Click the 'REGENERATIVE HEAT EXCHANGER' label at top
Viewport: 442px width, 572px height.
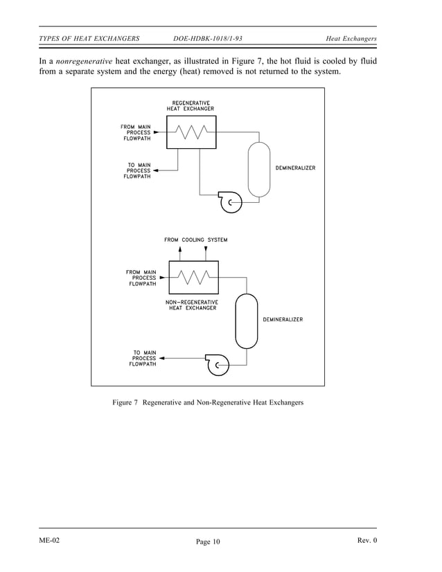click(x=191, y=106)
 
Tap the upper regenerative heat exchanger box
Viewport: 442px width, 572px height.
click(x=191, y=132)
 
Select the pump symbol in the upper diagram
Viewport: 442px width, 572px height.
click(x=229, y=202)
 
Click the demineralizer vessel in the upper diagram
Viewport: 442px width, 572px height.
click(x=259, y=169)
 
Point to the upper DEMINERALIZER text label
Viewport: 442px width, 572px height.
click(x=295, y=168)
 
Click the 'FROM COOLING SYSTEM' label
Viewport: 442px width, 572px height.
click(x=195, y=240)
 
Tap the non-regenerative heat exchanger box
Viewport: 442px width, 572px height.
click(x=193, y=278)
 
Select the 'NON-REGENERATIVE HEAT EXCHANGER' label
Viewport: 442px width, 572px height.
click(x=193, y=305)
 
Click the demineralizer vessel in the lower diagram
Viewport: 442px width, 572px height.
click(x=246, y=321)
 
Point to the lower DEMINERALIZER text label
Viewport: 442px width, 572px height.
click(x=282, y=319)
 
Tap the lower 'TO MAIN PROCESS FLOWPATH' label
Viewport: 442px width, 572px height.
click(x=143, y=358)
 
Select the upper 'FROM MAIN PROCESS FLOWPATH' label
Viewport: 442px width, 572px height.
click(x=134, y=132)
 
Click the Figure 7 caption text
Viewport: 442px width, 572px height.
click(x=208, y=402)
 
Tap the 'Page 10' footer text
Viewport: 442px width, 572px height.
click(x=207, y=542)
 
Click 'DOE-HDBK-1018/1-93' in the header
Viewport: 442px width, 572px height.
click(x=208, y=37)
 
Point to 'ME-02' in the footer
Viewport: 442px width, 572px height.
click(x=50, y=540)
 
